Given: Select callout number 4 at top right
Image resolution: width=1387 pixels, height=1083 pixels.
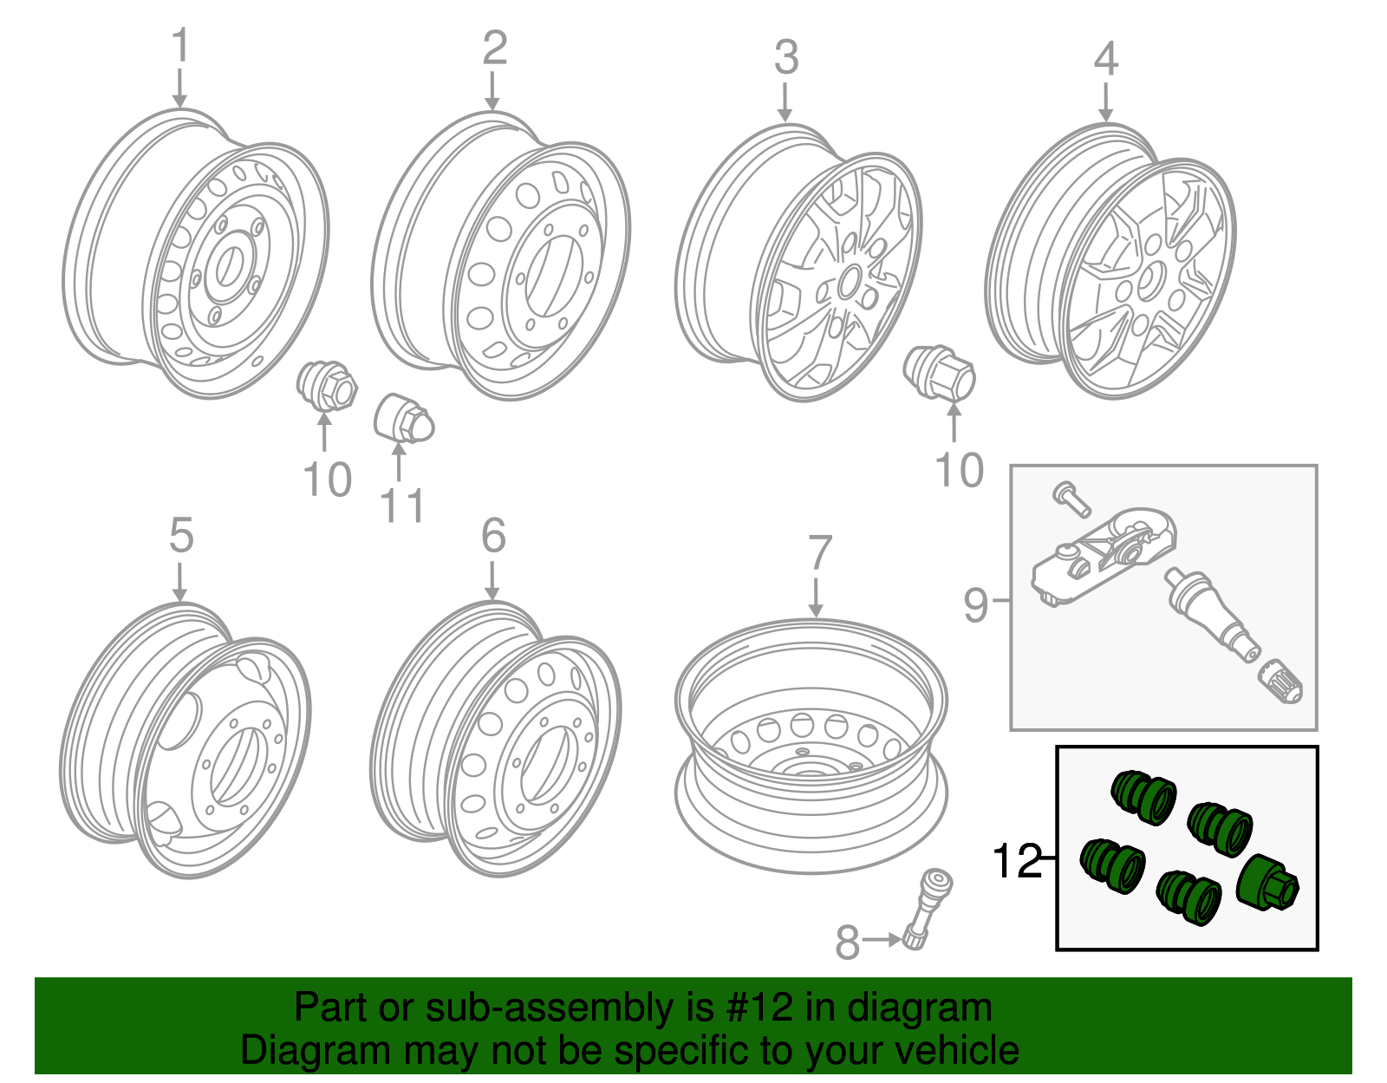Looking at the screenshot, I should coord(1105,59).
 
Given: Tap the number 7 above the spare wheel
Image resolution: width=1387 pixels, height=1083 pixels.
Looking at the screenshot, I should coord(819,553).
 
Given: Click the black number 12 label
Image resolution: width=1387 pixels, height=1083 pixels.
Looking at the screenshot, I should coord(1016,862).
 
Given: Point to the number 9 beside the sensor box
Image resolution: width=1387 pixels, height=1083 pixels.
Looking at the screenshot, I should coord(976,604).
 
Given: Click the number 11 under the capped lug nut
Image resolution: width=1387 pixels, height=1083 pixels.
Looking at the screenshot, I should coord(403,506).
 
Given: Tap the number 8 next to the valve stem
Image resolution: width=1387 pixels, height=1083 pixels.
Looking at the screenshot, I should coord(848,943).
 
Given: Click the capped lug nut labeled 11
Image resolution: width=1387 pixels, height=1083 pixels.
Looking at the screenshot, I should coord(403,419).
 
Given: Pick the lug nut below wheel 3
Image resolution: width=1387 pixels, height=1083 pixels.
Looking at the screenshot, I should coord(941,374).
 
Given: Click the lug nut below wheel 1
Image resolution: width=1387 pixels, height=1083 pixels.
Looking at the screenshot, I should coord(327,388).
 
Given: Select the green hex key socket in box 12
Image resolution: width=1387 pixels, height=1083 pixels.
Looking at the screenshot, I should coord(1267,884).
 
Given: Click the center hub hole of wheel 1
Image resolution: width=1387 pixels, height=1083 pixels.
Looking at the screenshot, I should coord(230,265).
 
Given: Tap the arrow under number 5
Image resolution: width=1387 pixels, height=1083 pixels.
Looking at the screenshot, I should coord(179,580).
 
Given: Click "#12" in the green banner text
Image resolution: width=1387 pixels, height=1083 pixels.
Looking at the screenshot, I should coord(754,1008).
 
